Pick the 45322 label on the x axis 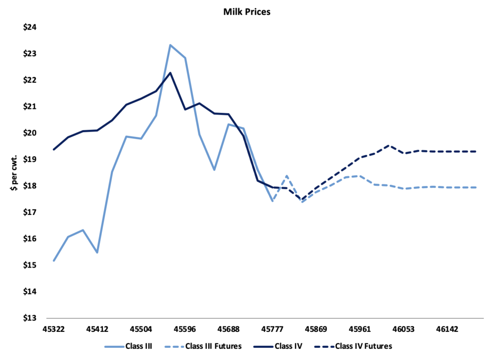coord(54,330)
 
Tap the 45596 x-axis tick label coord(185,330)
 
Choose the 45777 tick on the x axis coord(272,330)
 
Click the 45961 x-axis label coord(360,330)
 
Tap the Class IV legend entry coord(286,346)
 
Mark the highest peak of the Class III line coord(170,45)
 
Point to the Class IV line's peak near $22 coord(170,73)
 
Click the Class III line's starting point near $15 coord(54,261)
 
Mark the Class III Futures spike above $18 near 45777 coord(287,176)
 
